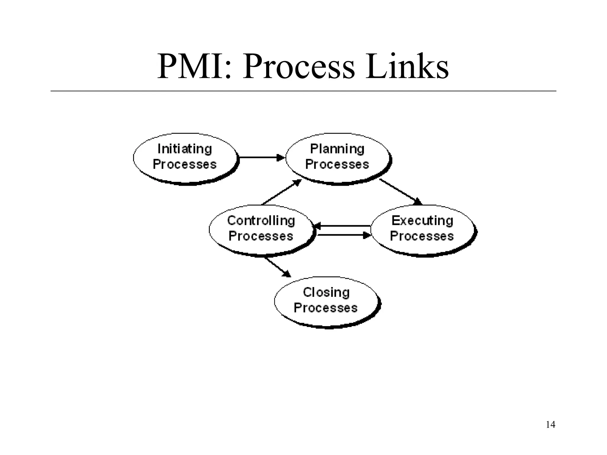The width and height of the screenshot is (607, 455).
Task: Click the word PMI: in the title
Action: pos(194,67)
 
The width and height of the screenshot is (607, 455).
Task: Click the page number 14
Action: pos(550,425)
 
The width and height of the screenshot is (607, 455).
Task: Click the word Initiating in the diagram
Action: pos(185,149)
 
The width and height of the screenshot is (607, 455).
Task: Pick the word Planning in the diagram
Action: pos(337,149)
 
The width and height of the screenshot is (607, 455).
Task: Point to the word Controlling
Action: pos(261,221)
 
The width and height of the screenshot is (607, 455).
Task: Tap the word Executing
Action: pos(422,221)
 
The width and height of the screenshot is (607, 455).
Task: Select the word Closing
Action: pos(326,292)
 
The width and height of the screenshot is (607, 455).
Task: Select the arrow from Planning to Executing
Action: pos(401,192)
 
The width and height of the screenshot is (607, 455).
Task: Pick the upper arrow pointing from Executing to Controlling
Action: pos(343,226)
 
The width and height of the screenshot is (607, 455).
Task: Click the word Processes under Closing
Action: pos(325,308)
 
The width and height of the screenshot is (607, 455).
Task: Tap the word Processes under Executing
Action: pos(422,236)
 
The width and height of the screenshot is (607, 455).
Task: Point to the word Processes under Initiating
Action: pos(185,165)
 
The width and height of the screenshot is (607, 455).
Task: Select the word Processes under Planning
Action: pos(337,165)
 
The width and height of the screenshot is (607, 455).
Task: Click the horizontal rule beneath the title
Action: pos(303,91)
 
